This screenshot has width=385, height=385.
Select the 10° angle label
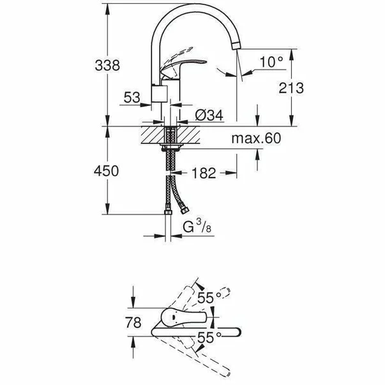click(x=271, y=61)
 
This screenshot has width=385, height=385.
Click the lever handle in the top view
click(x=185, y=317)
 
